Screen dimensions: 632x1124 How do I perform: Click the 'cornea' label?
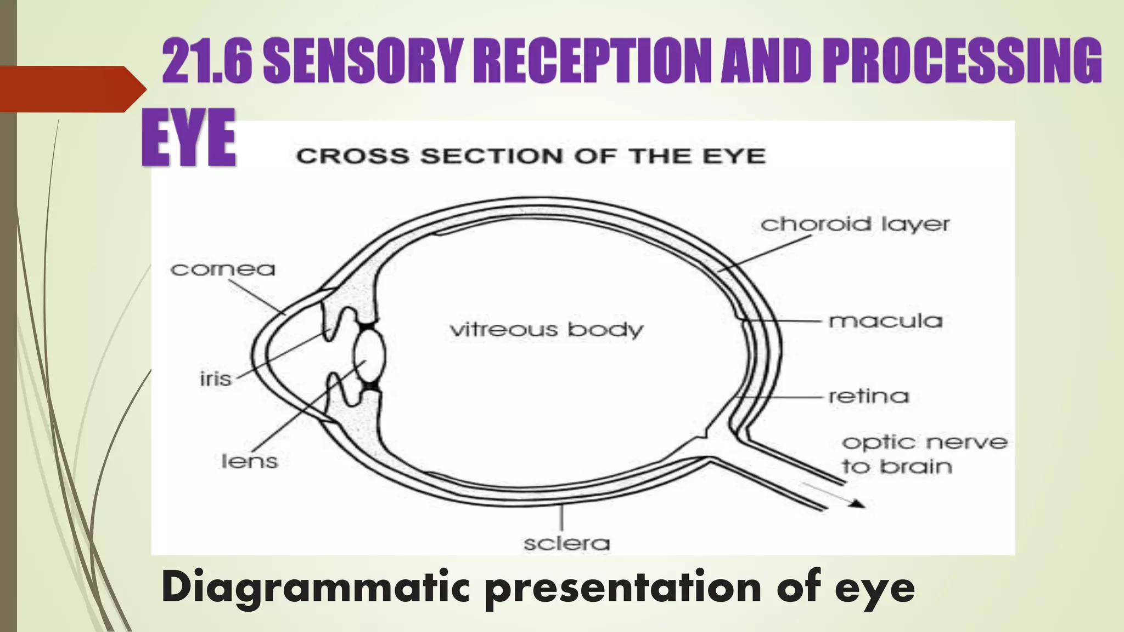(x=223, y=269)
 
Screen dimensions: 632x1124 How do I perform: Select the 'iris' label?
(x=215, y=379)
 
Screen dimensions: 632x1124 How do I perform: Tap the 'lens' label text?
(x=249, y=461)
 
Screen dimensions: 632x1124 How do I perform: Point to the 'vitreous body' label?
(x=546, y=330)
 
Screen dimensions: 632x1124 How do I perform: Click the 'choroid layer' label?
(x=855, y=224)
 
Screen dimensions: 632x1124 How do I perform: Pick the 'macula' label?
(x=885, y=321)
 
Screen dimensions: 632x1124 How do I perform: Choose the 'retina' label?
(x=868, y=396)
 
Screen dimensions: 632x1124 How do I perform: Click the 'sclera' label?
(x=566, y=544)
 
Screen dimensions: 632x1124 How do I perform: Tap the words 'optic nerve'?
(x=924, y=442)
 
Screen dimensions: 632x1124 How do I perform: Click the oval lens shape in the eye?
(x=369, y=356)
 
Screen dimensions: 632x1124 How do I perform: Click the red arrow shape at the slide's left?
(x=69, y=89)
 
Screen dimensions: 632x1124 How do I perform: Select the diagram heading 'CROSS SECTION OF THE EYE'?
(x=530, y=156)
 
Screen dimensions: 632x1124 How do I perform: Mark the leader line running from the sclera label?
(x=561, y=517)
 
